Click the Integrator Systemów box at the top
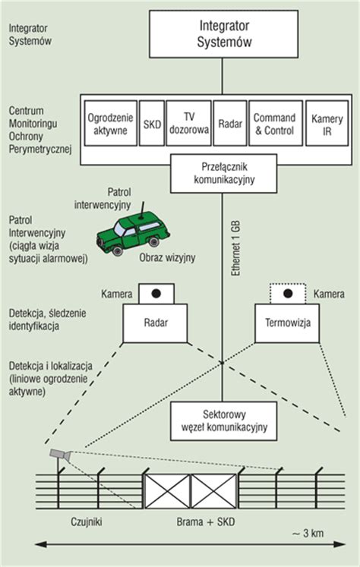[223, 33]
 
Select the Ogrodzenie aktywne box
[111, 123]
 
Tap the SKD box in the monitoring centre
[152, 123]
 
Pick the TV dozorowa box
[188, 123]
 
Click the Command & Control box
[276, 123]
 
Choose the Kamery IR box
[327, 123]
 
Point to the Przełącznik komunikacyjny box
[223, 174]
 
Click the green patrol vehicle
[133, 233]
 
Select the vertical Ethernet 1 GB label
[236, 248]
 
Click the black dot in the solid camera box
[156, 293]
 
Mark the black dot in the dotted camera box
[288, 293]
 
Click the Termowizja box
[287, 323]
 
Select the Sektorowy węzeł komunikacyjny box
[223, 421]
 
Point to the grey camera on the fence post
[60, 455]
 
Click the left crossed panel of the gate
[168, 491]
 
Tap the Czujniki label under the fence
[87, 521]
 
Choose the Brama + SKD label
[206, 521]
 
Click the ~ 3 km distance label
[308, 534]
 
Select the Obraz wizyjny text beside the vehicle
[168, 258]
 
